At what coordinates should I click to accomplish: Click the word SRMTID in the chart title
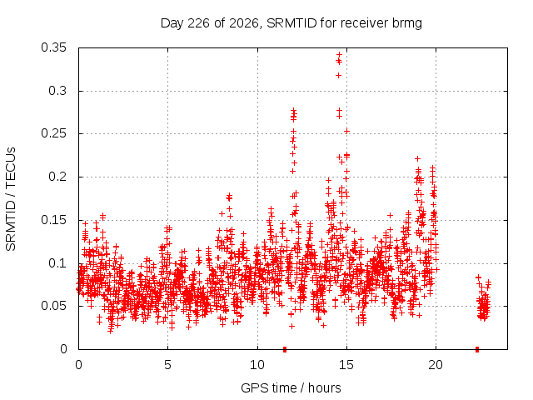[x=291, y=23]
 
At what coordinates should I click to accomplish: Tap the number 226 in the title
[x=198, y=23]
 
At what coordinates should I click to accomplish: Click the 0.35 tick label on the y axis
[x=53, y=47]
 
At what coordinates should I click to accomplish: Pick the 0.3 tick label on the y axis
[x=57, y=91]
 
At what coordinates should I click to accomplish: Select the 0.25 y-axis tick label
[x=53, y=133]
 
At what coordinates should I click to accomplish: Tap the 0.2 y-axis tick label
[x=57, y=177]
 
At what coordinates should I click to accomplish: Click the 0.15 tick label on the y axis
[x=53, y=220]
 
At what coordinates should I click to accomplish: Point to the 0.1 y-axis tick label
[x=57, y=263]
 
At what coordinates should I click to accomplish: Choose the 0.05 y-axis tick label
[x=53, y=306]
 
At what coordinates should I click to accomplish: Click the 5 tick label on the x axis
[x=167, y=365]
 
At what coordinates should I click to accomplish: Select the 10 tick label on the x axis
[x=257, y=365]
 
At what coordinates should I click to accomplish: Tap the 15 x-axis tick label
[x=346, y=365]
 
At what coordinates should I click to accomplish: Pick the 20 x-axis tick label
[x=436, y=365]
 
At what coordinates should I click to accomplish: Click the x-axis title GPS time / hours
[x=291, y=388]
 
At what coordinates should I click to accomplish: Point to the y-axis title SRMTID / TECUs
[x=11, y=199]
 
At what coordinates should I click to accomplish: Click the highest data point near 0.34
[x=339, y=54]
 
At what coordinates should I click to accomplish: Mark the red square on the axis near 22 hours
[x=477, y=349]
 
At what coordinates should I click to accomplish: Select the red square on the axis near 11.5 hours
[x=285, y=349]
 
